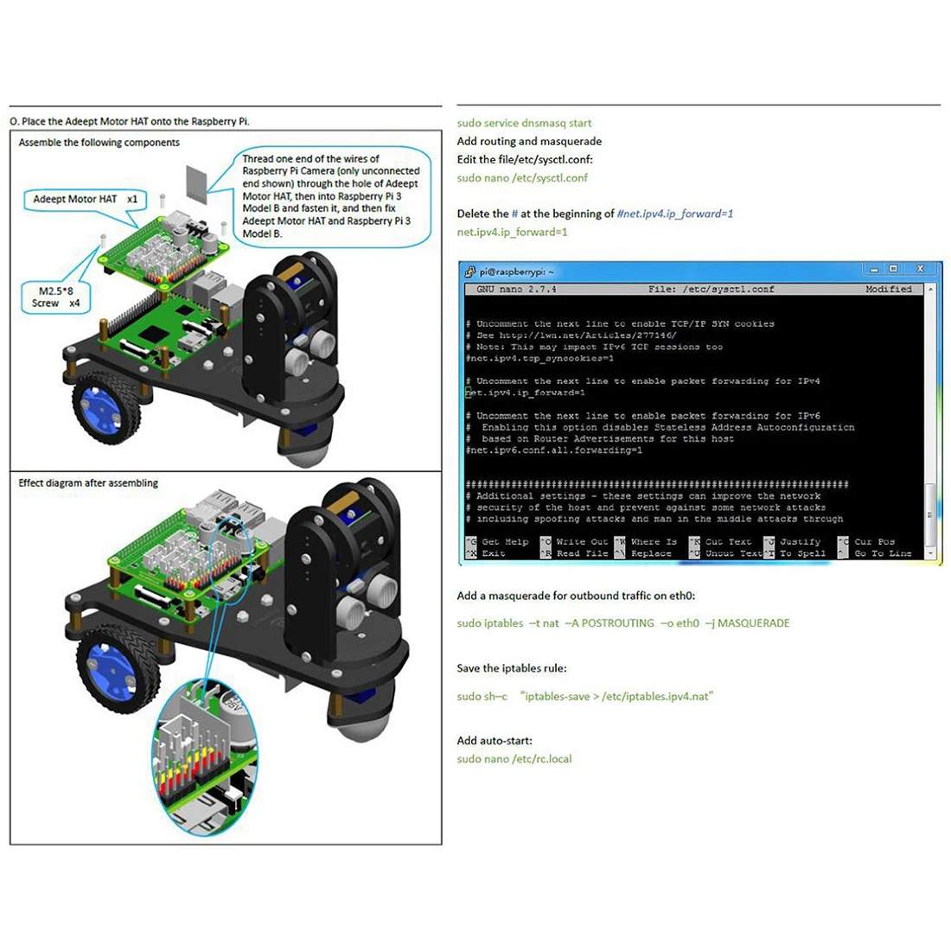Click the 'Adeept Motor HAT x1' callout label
(85, 199)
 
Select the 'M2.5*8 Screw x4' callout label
(56, 297)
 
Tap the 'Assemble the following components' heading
(99, 143)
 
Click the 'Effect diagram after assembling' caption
(88, 483)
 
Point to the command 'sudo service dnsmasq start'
(524, 124)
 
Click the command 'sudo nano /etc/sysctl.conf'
(522, 178)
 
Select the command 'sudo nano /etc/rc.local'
(514, 759)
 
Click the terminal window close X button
(920, 270)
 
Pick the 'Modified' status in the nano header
(889, 290)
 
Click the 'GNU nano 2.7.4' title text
(516, 290)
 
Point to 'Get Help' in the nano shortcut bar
(505, 542)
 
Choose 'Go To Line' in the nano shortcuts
(883, 553)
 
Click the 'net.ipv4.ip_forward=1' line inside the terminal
(527, 393)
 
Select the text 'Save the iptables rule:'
(512, 668)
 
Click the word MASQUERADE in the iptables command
(753, 623)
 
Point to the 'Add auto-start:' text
(495, 741)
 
